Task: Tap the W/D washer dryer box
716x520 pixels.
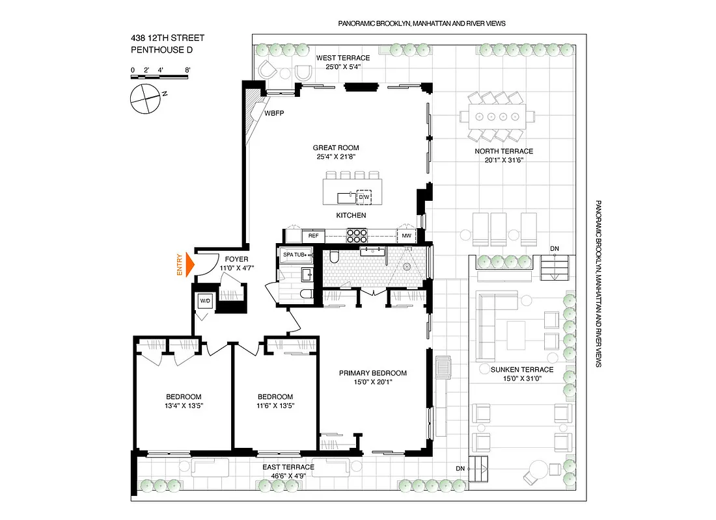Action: coord(205,302)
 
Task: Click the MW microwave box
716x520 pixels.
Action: coord(406,236)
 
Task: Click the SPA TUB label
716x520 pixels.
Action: coord(295,255)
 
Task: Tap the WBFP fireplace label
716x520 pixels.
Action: coord(274,112)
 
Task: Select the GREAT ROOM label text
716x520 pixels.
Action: coord(335,148)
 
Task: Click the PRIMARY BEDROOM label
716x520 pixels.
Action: coord(372,373)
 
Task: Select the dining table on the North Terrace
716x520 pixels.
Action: coord(497,117)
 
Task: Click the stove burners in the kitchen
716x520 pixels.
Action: coord(358,235)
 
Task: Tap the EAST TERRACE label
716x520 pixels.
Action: coord(288,467)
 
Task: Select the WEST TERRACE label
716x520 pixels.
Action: coord(343,58)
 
